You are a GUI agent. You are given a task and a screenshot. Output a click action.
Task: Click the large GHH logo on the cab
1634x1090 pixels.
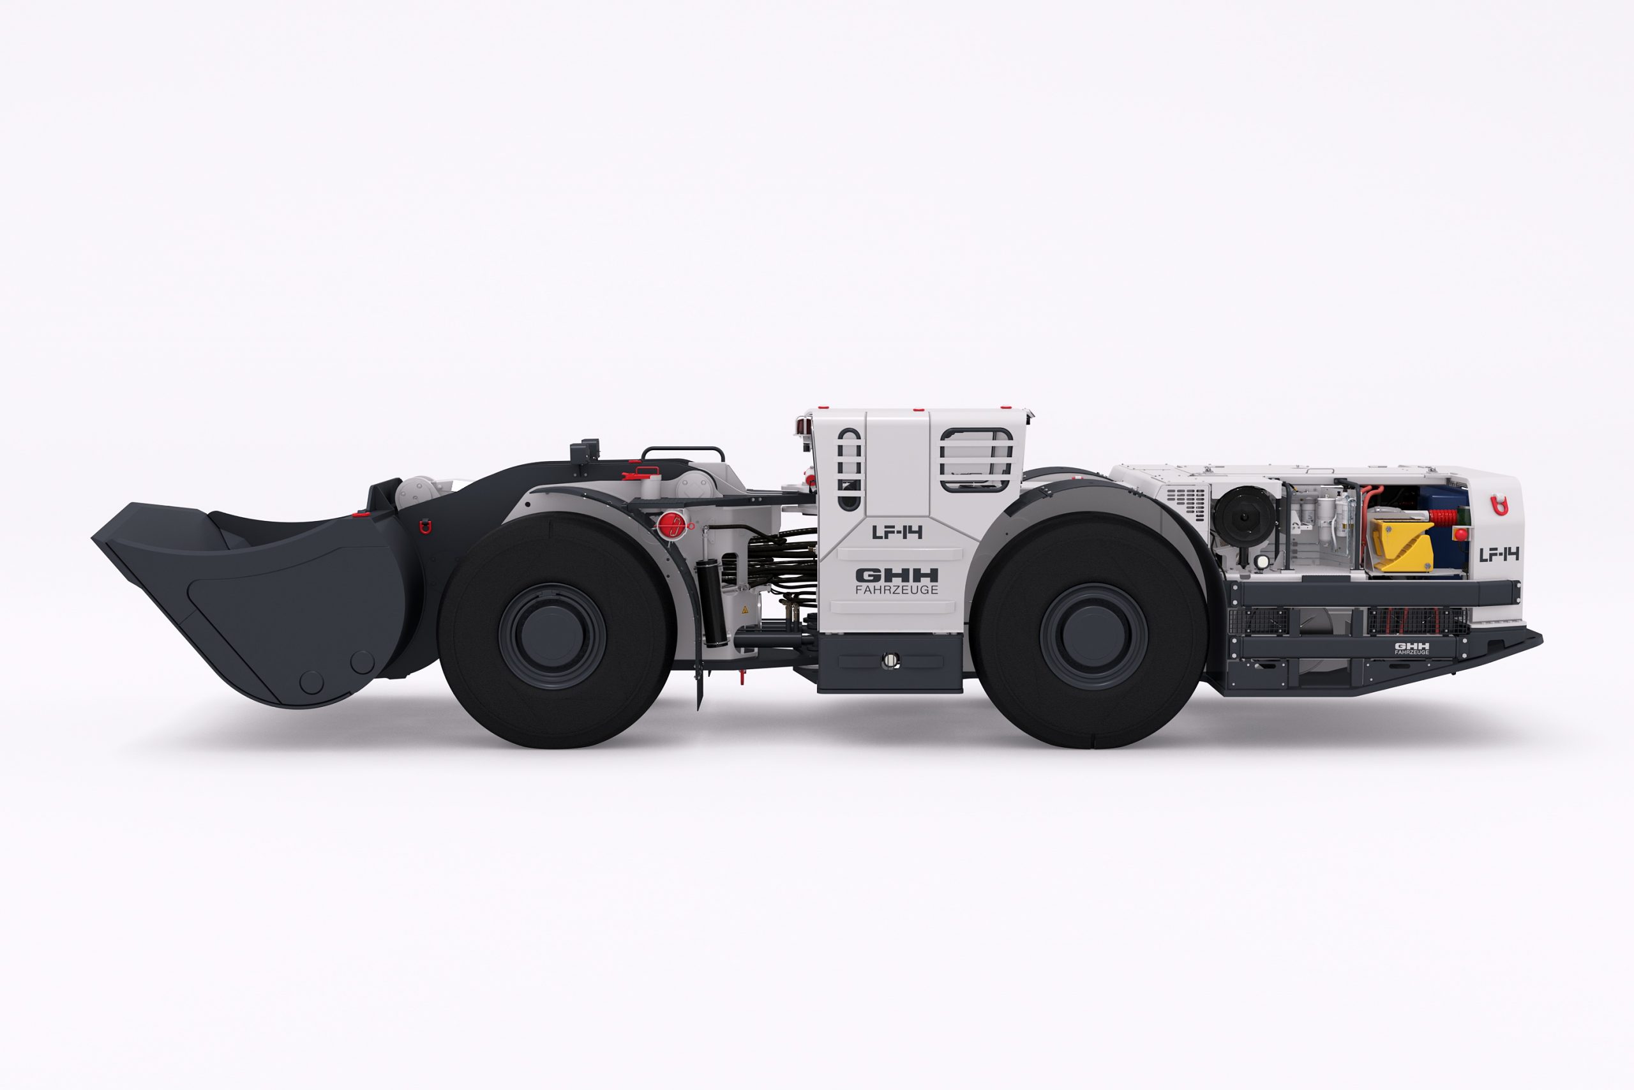896,575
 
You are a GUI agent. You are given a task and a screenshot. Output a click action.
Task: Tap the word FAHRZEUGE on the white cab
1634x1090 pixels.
896,589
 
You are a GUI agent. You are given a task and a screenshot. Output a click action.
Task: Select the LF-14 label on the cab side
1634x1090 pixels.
897,533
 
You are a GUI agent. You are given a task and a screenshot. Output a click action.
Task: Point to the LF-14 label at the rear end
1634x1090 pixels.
1499,554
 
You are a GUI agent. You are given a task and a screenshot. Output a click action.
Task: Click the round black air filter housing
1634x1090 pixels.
1244,516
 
